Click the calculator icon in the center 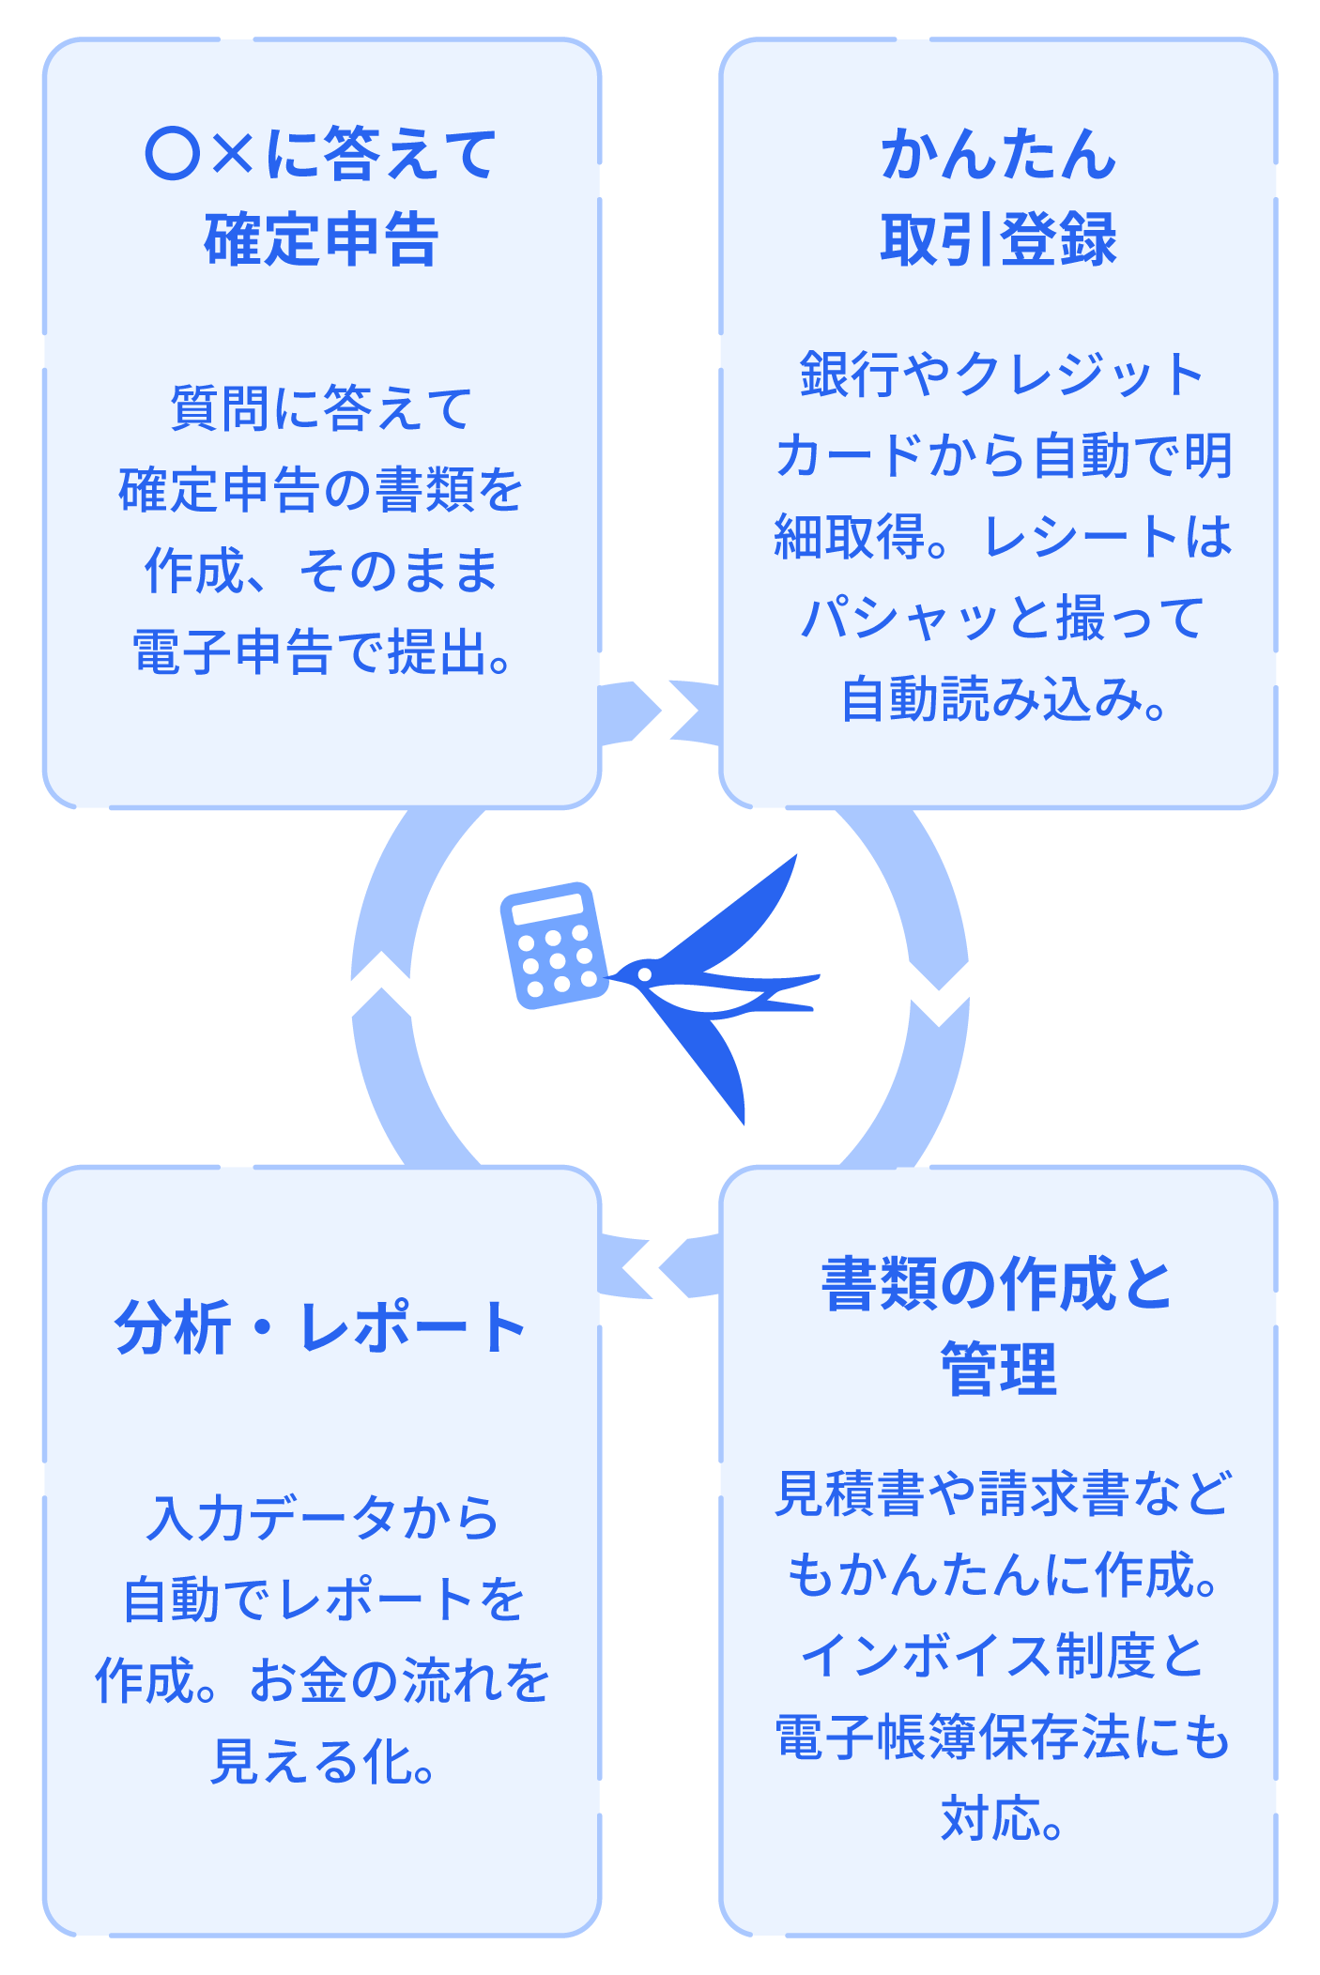tap(554, 945)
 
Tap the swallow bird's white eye tap(645, 974)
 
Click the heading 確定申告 tap(321, 239)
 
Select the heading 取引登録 tap(998, 239)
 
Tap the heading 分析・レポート tap(321, 1327)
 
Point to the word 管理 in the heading tap(998, 1370)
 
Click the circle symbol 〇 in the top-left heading tap(173, 154)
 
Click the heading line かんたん tap(998, 154)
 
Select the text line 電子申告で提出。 tap(321, 652)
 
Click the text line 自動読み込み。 tap(1002, 699)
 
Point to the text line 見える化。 tap(321, 1762)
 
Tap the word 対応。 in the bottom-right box tap(1002, 1818)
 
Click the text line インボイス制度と tap(1002, 1656)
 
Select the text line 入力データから tap(321, 1518)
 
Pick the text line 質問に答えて tap(321, 408)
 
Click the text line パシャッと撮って tap(1002, 618)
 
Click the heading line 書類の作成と tap(998, 1284)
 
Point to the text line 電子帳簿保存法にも tap(1002, 1737)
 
